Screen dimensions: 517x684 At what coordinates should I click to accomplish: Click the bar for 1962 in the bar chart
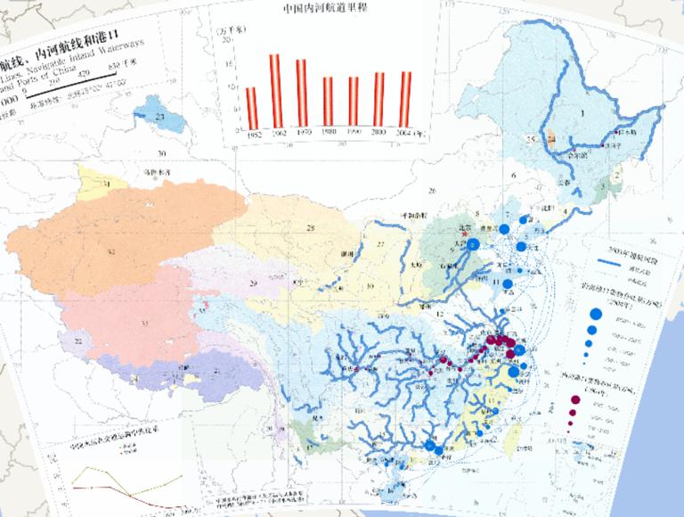click(275, 91)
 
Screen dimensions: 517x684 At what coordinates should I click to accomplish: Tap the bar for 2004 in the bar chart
click(406, 99)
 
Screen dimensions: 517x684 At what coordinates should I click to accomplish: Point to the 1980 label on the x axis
click(328, 133)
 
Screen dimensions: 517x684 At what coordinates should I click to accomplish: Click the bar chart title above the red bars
click(326, 12)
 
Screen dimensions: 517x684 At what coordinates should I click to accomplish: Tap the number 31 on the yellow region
click(105, 183)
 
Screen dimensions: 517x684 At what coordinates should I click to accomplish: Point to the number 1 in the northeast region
click(582, 113)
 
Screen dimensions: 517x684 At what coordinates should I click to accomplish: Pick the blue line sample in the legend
click(608, 264)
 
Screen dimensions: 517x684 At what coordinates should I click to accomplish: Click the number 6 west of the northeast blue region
click(515, 176)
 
